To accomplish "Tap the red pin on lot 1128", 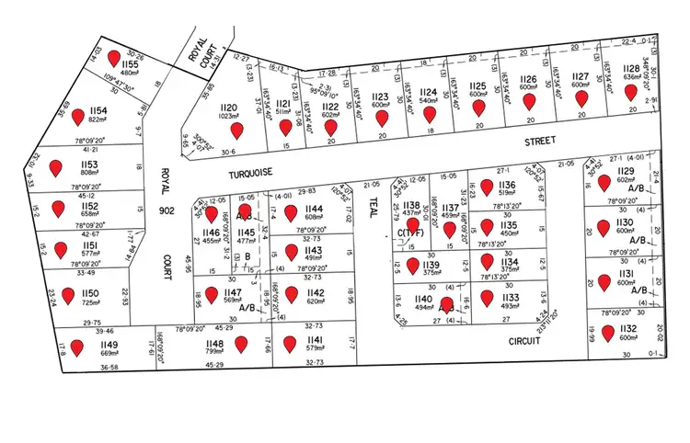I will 630,93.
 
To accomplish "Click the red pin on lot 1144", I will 292,213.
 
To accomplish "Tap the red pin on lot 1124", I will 429,115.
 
